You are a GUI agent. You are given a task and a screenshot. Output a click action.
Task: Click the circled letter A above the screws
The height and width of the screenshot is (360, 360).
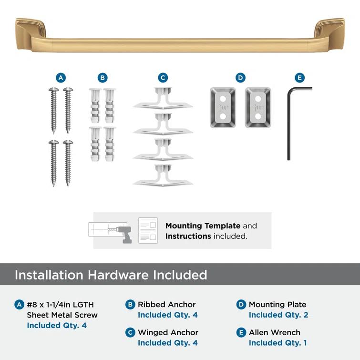pos(60,78)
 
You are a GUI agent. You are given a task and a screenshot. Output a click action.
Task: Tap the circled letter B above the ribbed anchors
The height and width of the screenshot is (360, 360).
pos(102,78)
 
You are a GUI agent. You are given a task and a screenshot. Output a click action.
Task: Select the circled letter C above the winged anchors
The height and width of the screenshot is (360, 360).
pos(163,78)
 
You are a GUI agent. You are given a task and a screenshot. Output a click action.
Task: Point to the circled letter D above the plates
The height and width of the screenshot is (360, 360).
pos(240,78)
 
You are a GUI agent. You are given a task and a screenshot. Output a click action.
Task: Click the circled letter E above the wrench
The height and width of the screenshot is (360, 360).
pos(299,78)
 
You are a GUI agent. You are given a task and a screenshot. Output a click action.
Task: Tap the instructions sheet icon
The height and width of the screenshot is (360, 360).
pos(148,230)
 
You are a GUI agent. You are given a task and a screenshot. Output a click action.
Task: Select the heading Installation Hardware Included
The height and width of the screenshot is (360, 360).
pos(111,275)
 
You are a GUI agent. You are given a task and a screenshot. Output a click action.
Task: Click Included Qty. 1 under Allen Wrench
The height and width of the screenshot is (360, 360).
pos(278,343)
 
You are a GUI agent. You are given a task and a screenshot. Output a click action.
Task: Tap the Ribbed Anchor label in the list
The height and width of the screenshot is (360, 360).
pos(166,304)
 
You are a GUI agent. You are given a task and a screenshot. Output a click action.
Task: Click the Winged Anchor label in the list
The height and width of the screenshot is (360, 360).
pos(168,332)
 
